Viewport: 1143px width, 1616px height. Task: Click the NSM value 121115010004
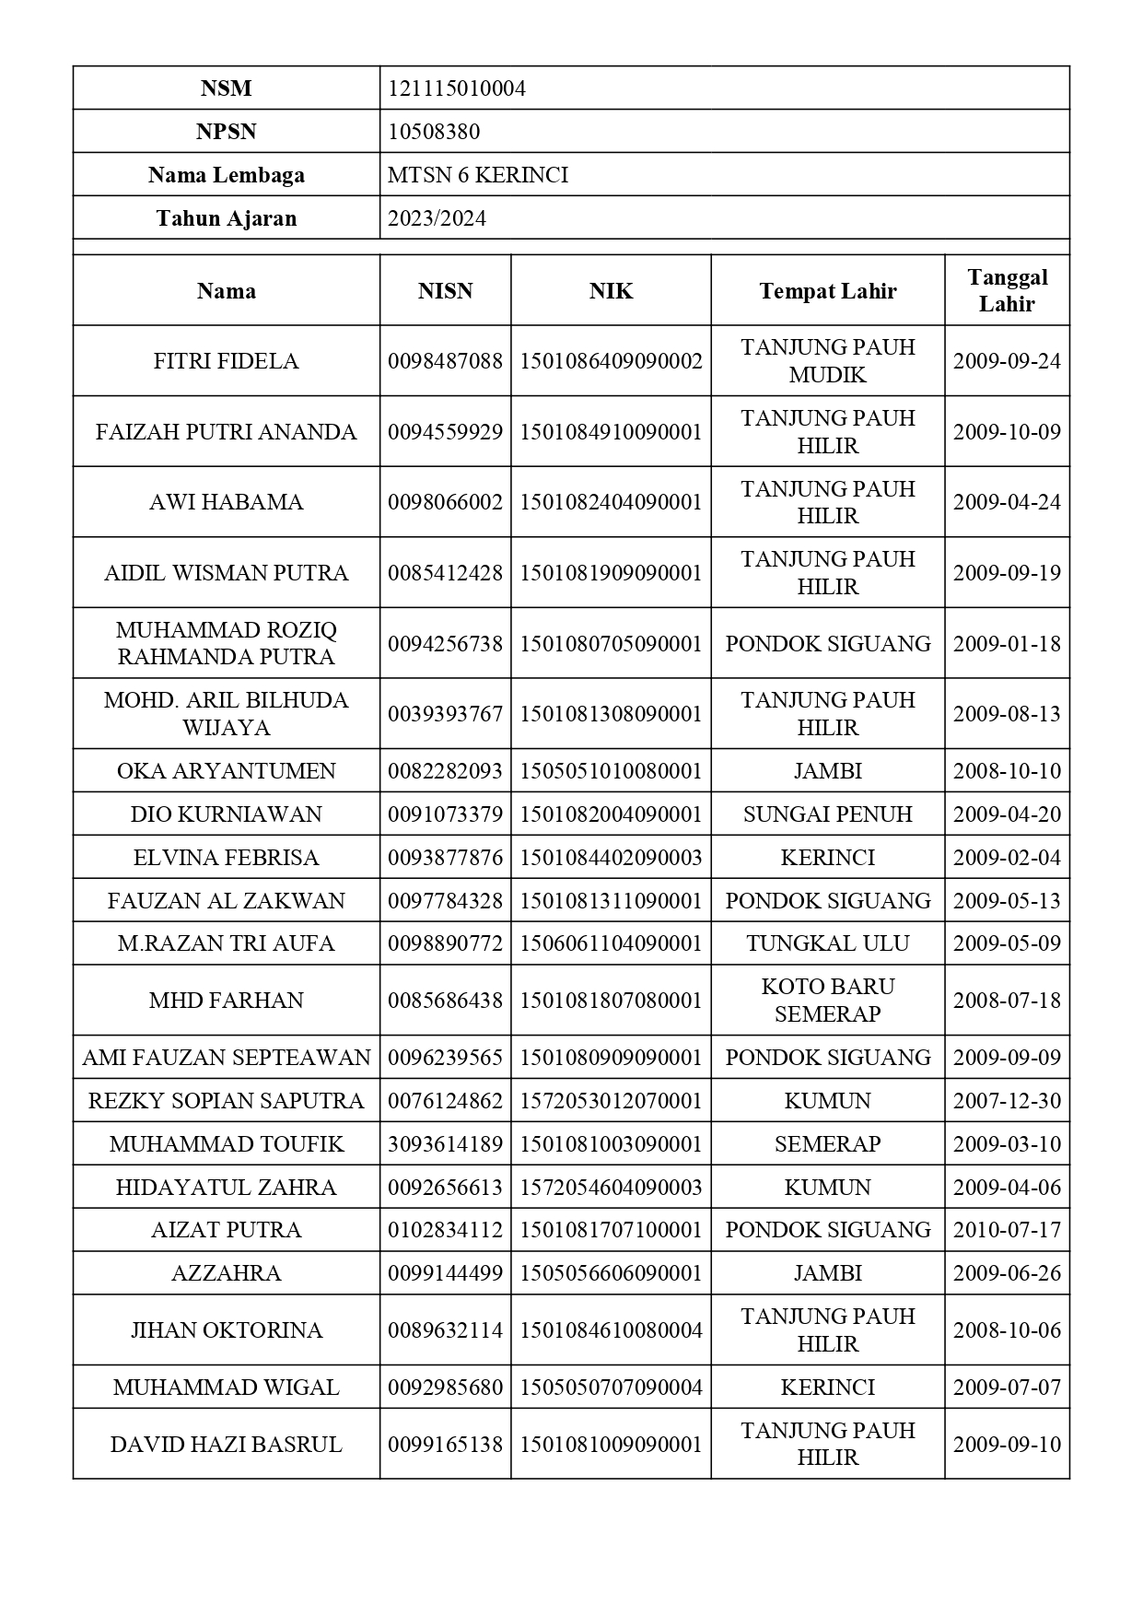pyautogui.click(x=457, y=88)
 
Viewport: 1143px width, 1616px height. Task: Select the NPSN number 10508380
pyautogui.click(x=434, y=132)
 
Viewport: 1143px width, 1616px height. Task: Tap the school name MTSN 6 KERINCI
pyautogui.click(x=477, y=175)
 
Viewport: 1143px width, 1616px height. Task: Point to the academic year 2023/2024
pyautogui.click(x=437, y=218)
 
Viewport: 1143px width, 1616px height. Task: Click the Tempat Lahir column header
pyautogui.click(x=827, y=291)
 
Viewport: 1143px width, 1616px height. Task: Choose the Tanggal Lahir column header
pyautogui.click(x=1007, y=290)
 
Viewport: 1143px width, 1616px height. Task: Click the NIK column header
pyautogui.click(x=611, y=291)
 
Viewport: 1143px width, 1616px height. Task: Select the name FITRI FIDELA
pyautogui.click(x=226, y=361)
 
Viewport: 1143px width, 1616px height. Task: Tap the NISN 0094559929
pyautogui.click(x=445, y=432)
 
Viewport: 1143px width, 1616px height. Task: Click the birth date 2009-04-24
pyautogui.click(x=1007, y=502)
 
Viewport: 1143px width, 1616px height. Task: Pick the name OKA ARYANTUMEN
pyautogui.click(x=226, y=771)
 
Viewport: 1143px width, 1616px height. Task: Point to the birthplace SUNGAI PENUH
pyautogui.click(x=827, y=814)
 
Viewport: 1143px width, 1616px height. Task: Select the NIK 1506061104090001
pyautogui.click(x=611, y=943)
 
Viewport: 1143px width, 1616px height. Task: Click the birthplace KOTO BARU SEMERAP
pyautogui.click(x=827, y=1000)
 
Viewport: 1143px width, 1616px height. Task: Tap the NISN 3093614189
pyautogui.click(x=445, y=1144)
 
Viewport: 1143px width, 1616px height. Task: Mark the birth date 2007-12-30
pyautogui.click(x=1007, y=1101)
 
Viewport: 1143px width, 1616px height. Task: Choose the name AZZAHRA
pyautogui.click(x=226, y=1273)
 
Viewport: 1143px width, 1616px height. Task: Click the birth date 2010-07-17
pyautogui.click(x=1007, y=1230)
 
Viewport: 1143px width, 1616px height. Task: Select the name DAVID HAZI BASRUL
pyautogui.click(x=226, y=1444)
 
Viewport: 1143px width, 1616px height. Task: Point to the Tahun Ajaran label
pyautogui.click(x=226, y=218)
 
